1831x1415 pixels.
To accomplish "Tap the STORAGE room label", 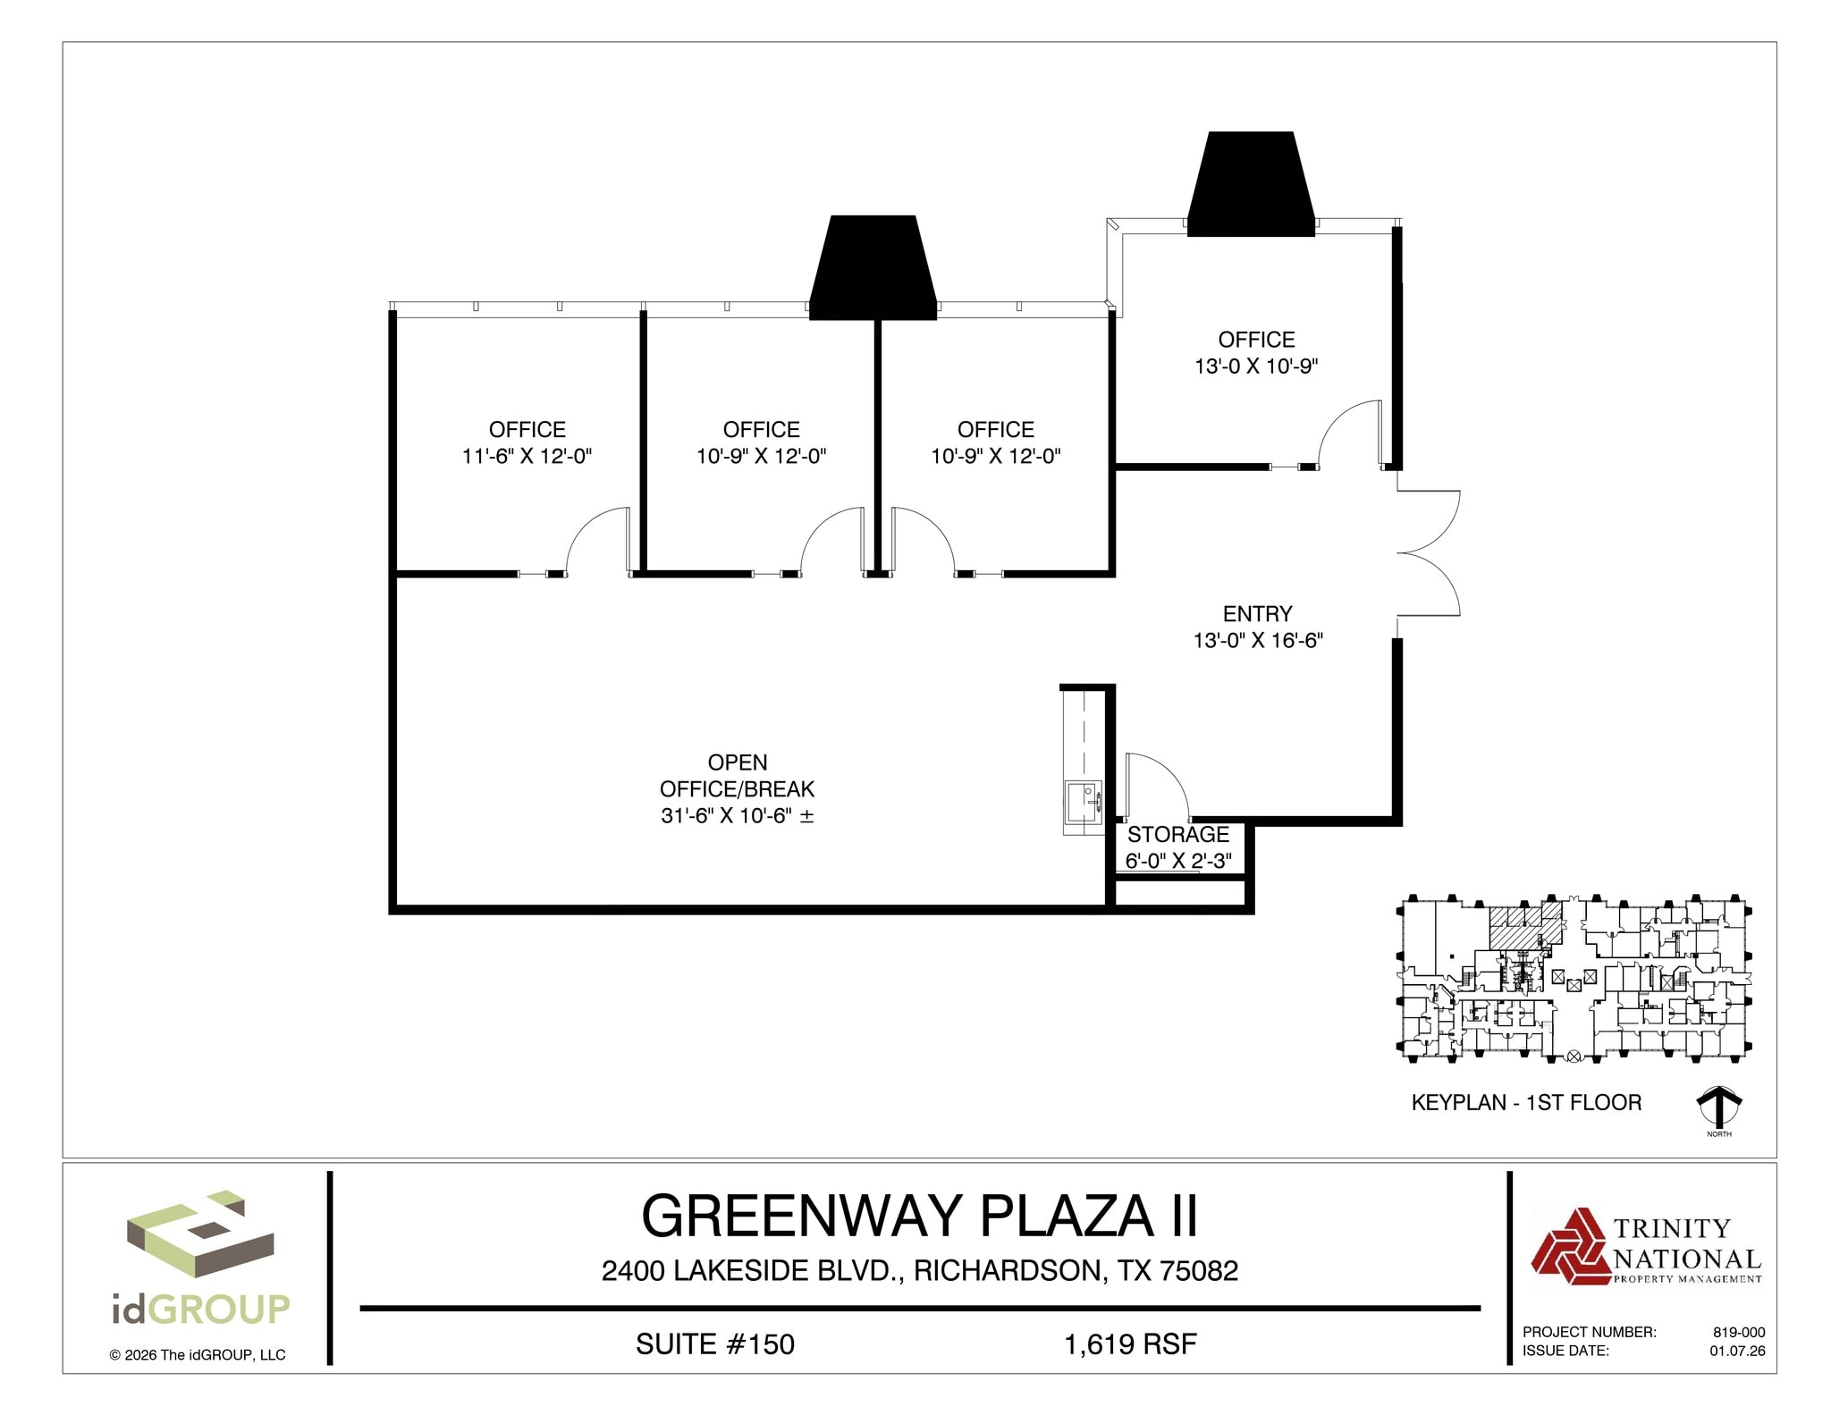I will tap(1177, 834).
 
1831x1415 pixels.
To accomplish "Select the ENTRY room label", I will tap(1257, 613).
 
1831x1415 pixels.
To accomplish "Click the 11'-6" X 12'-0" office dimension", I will tap(527, 456).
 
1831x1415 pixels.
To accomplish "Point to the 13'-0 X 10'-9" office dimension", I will tap(1256, 366).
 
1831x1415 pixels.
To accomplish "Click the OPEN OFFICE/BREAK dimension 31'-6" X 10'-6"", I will tap(737, 815).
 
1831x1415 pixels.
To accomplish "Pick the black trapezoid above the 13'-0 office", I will tap(1251, 185).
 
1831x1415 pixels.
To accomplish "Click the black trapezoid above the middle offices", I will tap(873, 268).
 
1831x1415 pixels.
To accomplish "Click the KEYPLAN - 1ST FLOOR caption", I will tap(1526, 1102).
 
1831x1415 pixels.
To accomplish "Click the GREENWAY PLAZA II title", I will tap(919, 1216).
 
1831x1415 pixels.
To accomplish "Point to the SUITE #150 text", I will tap(714, 1343).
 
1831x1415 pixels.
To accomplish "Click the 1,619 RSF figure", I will tap(1130, 1343).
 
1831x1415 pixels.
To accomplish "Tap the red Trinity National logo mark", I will tap(1569, 1246).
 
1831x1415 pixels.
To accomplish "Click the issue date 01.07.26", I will tap(1737, 1351).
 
